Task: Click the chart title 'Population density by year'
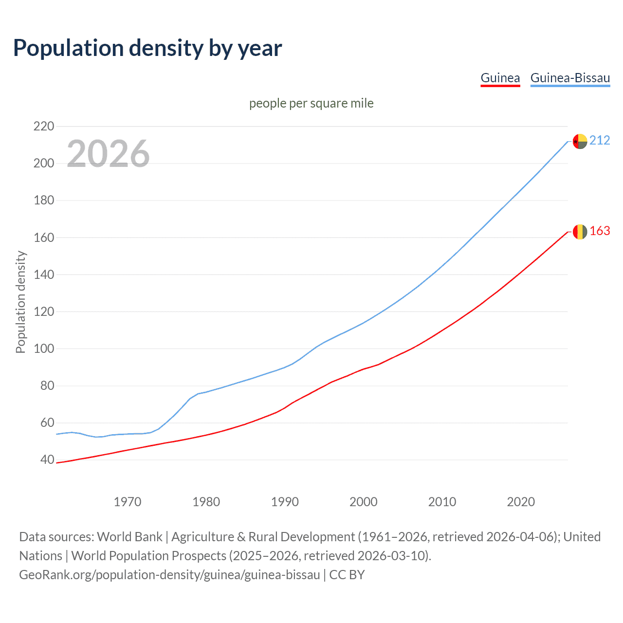click(147, 48)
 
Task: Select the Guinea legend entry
click(500, 78)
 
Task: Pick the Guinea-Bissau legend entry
click(570, 78)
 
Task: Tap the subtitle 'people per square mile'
click(311, 104)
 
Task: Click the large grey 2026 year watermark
click(108, 154)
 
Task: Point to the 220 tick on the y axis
click(44, 127)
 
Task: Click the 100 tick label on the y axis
click(44, 349)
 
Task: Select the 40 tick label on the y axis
click(47, 460)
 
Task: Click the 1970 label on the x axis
click(128, 502)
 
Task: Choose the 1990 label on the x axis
click(285, 502)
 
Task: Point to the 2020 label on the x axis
click(521, 502)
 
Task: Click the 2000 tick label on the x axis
click(364, 502)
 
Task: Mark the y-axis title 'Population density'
click(20, 302)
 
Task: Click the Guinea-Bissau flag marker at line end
click(580, 141)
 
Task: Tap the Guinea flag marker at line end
click(580, 232)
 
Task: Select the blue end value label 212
click(600, 141)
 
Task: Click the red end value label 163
click(600, 231)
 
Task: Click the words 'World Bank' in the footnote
click(129, 537)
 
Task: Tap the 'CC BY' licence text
click(347, 575)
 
